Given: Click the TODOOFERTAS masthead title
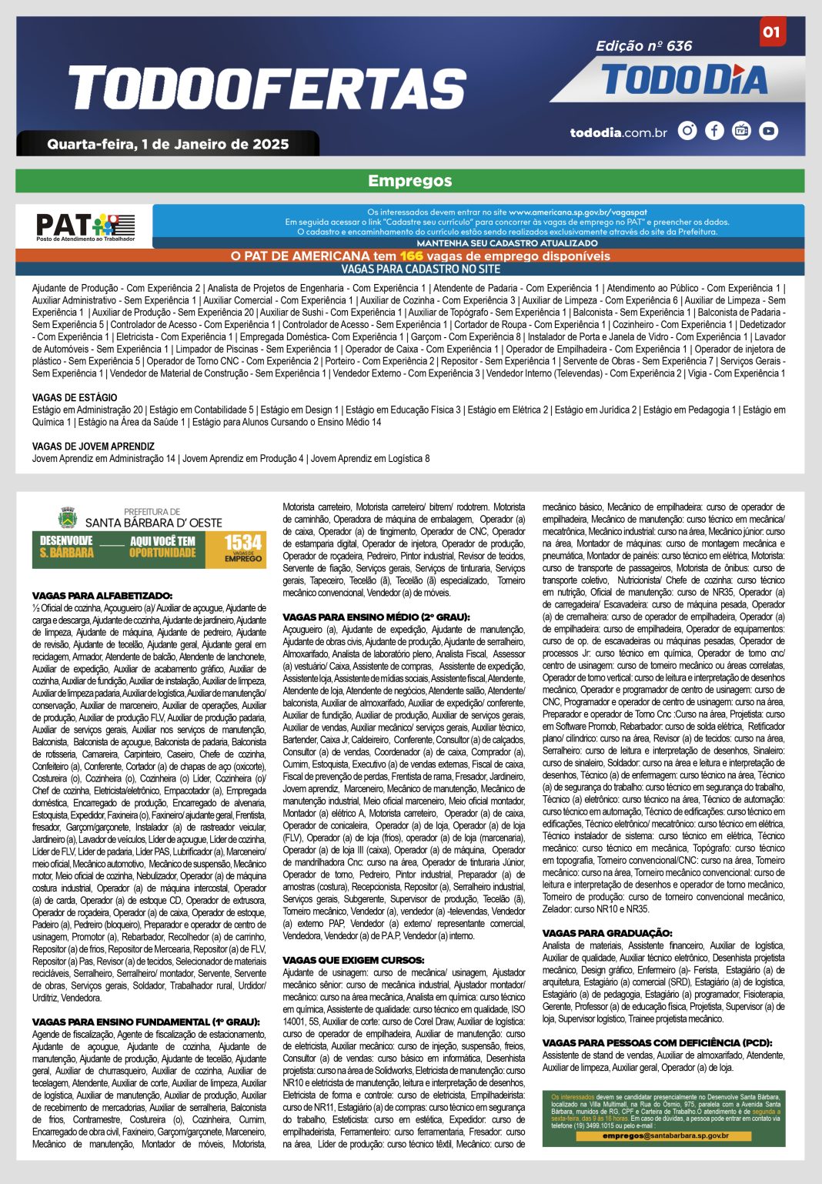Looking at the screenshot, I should coord(268,88).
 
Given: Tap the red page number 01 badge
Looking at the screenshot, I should coord(771,32).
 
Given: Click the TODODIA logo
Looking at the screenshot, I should coord(685,80).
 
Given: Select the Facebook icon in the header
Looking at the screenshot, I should coord(714,131).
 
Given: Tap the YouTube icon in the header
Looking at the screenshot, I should coord(768,131).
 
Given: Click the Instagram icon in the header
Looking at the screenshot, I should coord(687,131).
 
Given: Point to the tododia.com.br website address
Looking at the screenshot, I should coord(618,132).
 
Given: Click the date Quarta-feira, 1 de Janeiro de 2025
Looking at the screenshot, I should coord(168,144).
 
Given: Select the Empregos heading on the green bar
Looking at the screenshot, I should coord(409,181).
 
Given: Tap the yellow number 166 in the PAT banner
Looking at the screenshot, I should coord(412,256).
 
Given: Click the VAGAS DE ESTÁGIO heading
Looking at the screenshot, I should coord(75,398).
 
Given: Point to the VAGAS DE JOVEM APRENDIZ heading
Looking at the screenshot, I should coord(93,447).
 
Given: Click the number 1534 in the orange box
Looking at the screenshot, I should coord(242,544).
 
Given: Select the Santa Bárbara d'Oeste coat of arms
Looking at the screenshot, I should coord(68,517).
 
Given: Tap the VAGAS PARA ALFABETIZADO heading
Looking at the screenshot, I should coord(102,596).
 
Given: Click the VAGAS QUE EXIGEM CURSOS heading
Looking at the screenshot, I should coord(353,960).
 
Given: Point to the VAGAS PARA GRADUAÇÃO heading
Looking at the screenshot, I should coord(607,933).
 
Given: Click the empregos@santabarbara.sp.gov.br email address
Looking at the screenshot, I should coord(665,1136).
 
